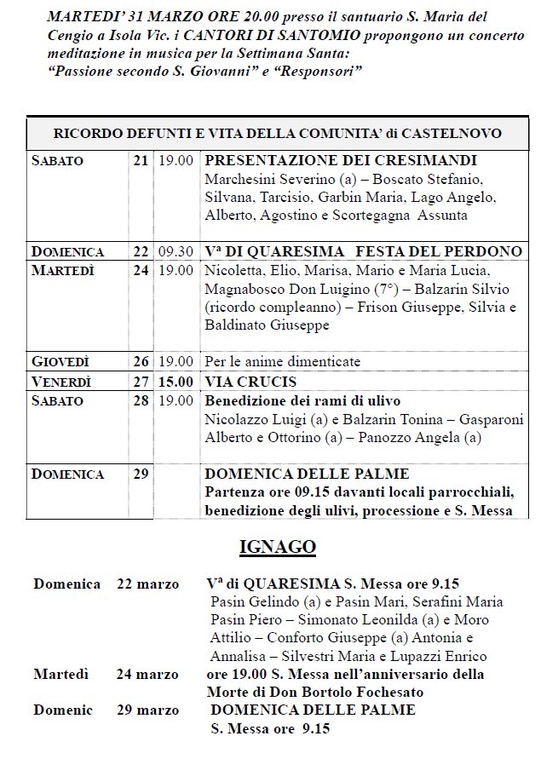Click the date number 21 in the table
[141, 160]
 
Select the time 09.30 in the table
[176, 251]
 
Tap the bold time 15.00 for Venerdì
[176, 381]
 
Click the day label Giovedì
[60, 361]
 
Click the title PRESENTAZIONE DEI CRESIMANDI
[341, 160]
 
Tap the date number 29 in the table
[141, 474]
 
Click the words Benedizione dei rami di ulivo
[302, 400]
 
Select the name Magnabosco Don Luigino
[280, 288]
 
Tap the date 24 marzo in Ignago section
[147, 675]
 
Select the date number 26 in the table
[141, 361]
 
